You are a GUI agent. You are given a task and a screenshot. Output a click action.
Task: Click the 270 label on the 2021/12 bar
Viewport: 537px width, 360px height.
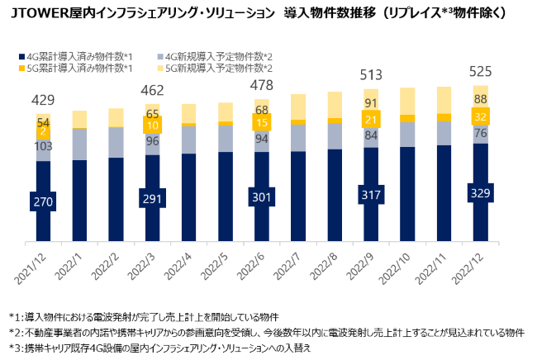(x=43, y=201)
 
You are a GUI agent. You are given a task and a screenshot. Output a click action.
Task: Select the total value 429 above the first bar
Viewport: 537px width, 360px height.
(x=43, y=101)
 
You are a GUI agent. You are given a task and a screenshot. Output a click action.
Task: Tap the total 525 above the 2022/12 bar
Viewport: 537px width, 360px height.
(x=480, y=71)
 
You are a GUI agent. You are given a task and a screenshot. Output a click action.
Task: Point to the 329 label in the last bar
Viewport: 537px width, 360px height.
(x=480, y=194)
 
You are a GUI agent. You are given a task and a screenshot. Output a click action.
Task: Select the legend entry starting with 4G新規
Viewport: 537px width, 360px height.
(x=220, y=56)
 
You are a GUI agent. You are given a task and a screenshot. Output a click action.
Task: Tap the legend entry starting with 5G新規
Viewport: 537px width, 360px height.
(x=220, y=67)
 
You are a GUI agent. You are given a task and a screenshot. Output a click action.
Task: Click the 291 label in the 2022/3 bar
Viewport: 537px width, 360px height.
(x=152, y=199)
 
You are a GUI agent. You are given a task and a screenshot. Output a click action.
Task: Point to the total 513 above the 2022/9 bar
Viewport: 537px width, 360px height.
(x=371, y=76)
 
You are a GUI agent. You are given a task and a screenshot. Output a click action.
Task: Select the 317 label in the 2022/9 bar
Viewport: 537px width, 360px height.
(x=371, y=196)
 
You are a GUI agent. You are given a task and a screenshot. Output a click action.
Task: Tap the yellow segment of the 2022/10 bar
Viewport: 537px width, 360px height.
(x=407, y=104)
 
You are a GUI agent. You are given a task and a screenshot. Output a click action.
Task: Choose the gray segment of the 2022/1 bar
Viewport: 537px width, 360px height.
(x=79, y=144)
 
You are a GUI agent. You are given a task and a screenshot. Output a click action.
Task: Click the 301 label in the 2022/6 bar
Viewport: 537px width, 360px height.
(x=262, y=197)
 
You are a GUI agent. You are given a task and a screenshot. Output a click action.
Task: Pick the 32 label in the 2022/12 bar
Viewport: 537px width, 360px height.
(x=480, y=116)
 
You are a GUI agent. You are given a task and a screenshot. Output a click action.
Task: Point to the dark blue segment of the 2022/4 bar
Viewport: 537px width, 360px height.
(x=188, y=197)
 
